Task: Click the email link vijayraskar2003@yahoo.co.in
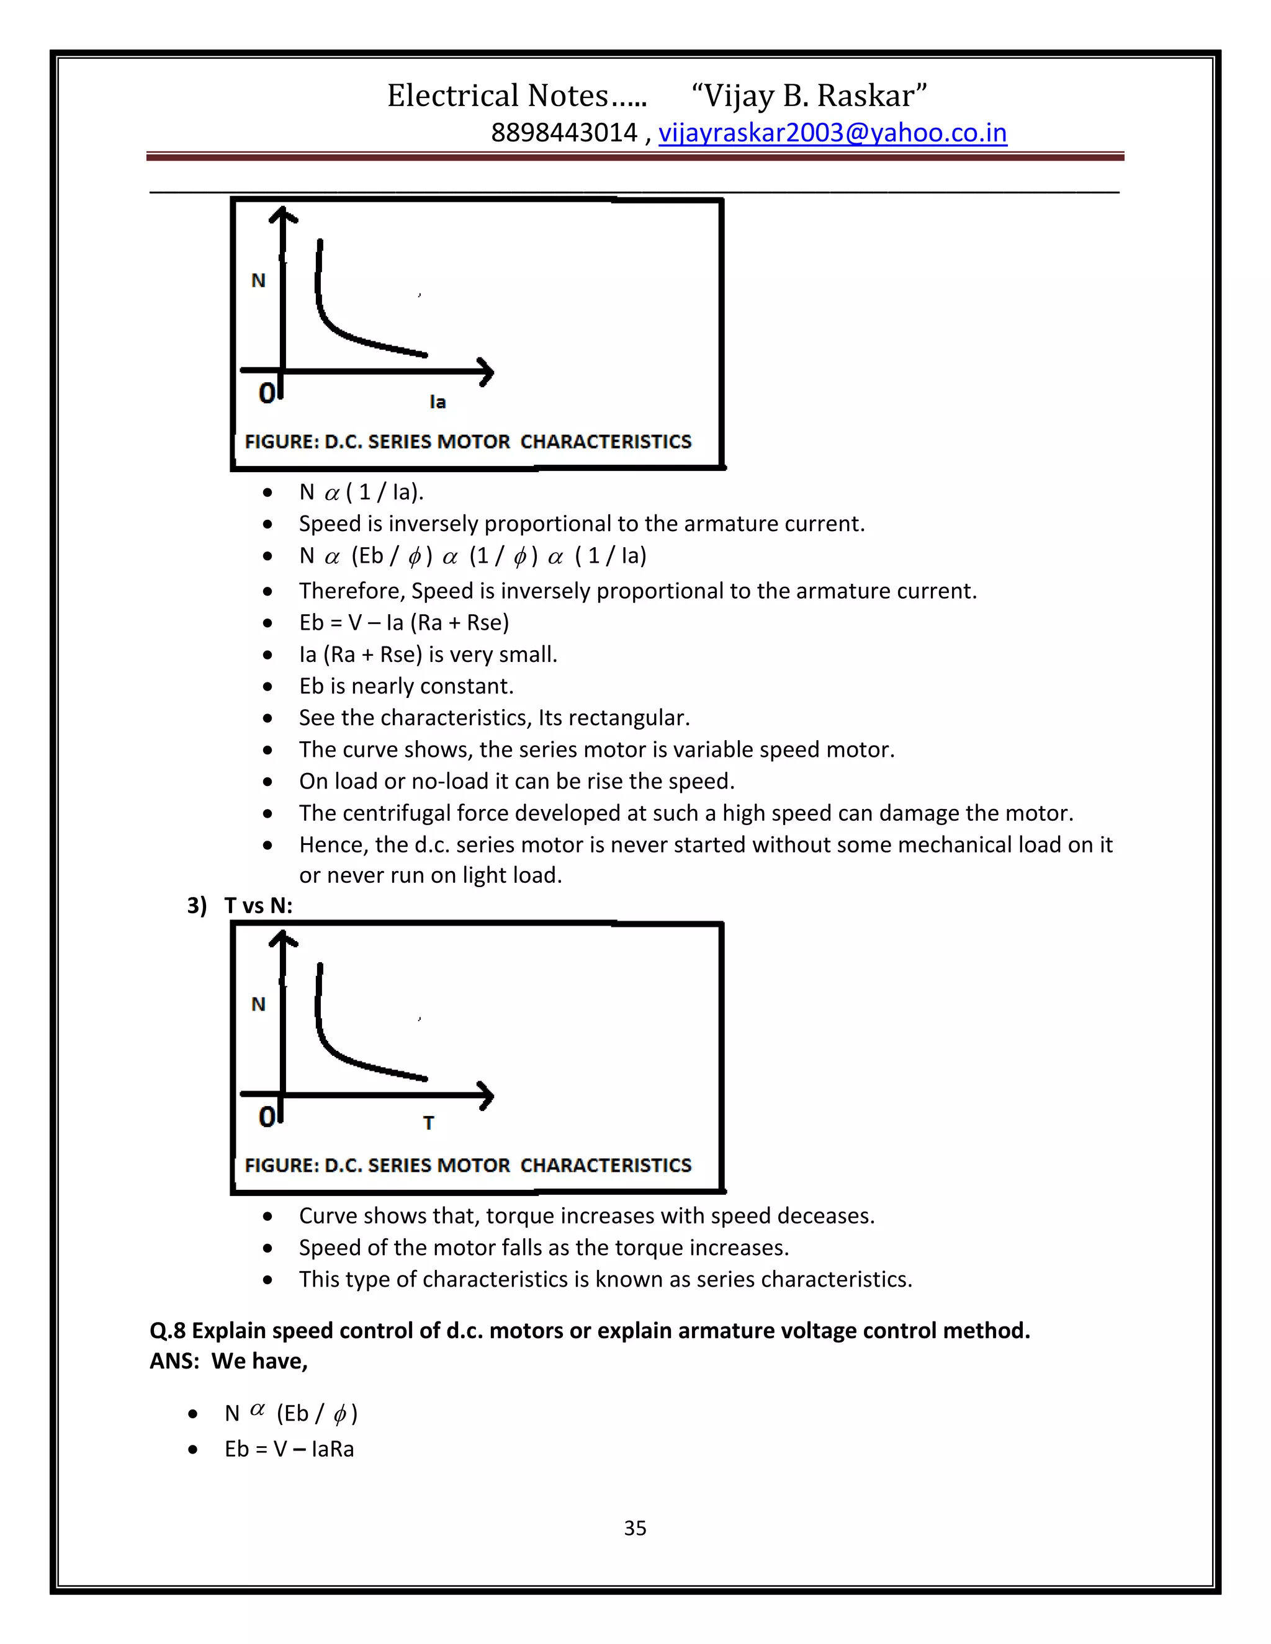832,133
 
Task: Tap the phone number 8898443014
564,133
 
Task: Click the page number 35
635,1527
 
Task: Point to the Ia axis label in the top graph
438,402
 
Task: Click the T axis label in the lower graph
428,1123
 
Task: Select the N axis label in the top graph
258,281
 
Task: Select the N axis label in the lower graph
258,1004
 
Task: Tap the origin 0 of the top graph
266,393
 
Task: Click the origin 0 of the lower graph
266,1116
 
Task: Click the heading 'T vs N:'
258,906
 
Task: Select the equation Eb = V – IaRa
289,1449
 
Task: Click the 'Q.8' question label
167,1331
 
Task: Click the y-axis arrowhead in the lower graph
283,938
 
